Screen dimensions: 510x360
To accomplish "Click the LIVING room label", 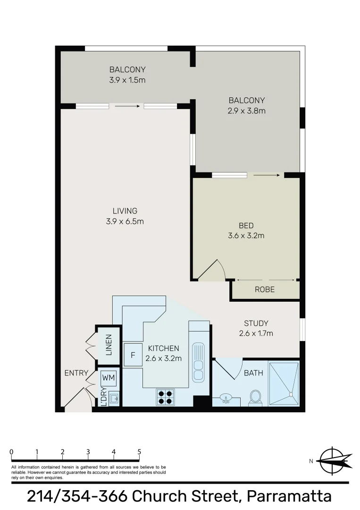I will tap(125, 211).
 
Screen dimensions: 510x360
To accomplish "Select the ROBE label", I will tap(265, 289).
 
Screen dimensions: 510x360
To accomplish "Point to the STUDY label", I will tap(256, 323).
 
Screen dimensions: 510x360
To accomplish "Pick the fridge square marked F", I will tap(133, 355).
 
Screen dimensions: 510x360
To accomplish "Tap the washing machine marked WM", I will tap(109, 378).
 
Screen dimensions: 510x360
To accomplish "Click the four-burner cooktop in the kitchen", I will tap(165, 397).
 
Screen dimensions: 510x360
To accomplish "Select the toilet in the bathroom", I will tap(255, 397).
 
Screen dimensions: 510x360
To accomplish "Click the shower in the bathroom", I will tap(284, 383).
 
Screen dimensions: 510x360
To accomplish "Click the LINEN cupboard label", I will tap(109, 345).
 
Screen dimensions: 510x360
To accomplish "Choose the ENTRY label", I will tap(76, 373).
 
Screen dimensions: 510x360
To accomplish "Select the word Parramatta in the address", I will tap(290, 496).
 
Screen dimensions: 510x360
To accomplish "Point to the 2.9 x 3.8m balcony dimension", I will tap(247, 111).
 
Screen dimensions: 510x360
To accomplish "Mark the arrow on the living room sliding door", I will tap(127, 106).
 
